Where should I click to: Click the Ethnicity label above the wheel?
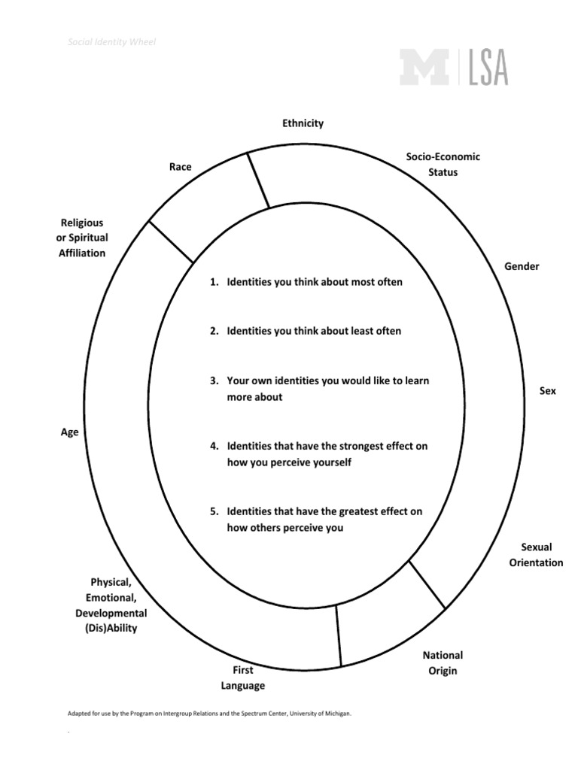[x=303, y=123]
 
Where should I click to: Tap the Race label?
[x=181, y=167]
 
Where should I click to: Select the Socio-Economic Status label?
[x=443, y=164]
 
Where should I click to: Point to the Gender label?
[x=522, y=266]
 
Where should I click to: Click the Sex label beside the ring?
[x=548, y=391]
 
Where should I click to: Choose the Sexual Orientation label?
[x=536, y=555]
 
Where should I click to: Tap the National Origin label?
[x=443, y=662]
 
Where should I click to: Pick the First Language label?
[x=242, y=678]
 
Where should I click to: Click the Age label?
[x=70, y=432]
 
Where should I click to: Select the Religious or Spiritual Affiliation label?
[x=83, y=238]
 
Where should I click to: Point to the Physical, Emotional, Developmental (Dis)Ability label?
[x=111, y=605]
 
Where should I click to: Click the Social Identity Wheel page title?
[x=112, y=42]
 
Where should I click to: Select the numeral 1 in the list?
[x=213, y=282]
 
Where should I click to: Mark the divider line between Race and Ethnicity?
[x=258, y=177]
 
